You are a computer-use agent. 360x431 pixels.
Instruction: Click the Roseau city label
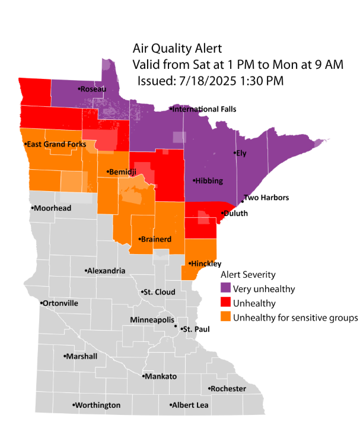click(x=93, y=88)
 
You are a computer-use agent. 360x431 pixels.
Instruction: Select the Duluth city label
click(x=235, y=213)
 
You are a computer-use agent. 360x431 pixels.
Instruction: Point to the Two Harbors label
click(x=266, y=198)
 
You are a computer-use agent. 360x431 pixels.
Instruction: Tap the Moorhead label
click(x=52, y=208)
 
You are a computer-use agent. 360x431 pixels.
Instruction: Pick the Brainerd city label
click(x=156, y=239)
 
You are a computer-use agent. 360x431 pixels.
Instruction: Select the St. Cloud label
click(x=159, y=292)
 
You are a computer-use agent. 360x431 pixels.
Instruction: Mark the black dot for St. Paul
click(x=176, y=327)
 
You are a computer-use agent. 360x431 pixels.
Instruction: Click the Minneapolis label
click(x=152, y=320)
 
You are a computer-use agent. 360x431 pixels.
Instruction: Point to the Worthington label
click(x=98, y=405)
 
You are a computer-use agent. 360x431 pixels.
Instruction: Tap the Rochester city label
click(x=228, y=388)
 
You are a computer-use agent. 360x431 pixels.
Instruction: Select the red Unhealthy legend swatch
click(x=225, y=303)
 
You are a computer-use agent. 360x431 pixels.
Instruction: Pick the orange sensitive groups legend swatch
click(x=225, y=318)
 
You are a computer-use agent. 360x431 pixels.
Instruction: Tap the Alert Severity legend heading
click(x=247, y=275)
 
